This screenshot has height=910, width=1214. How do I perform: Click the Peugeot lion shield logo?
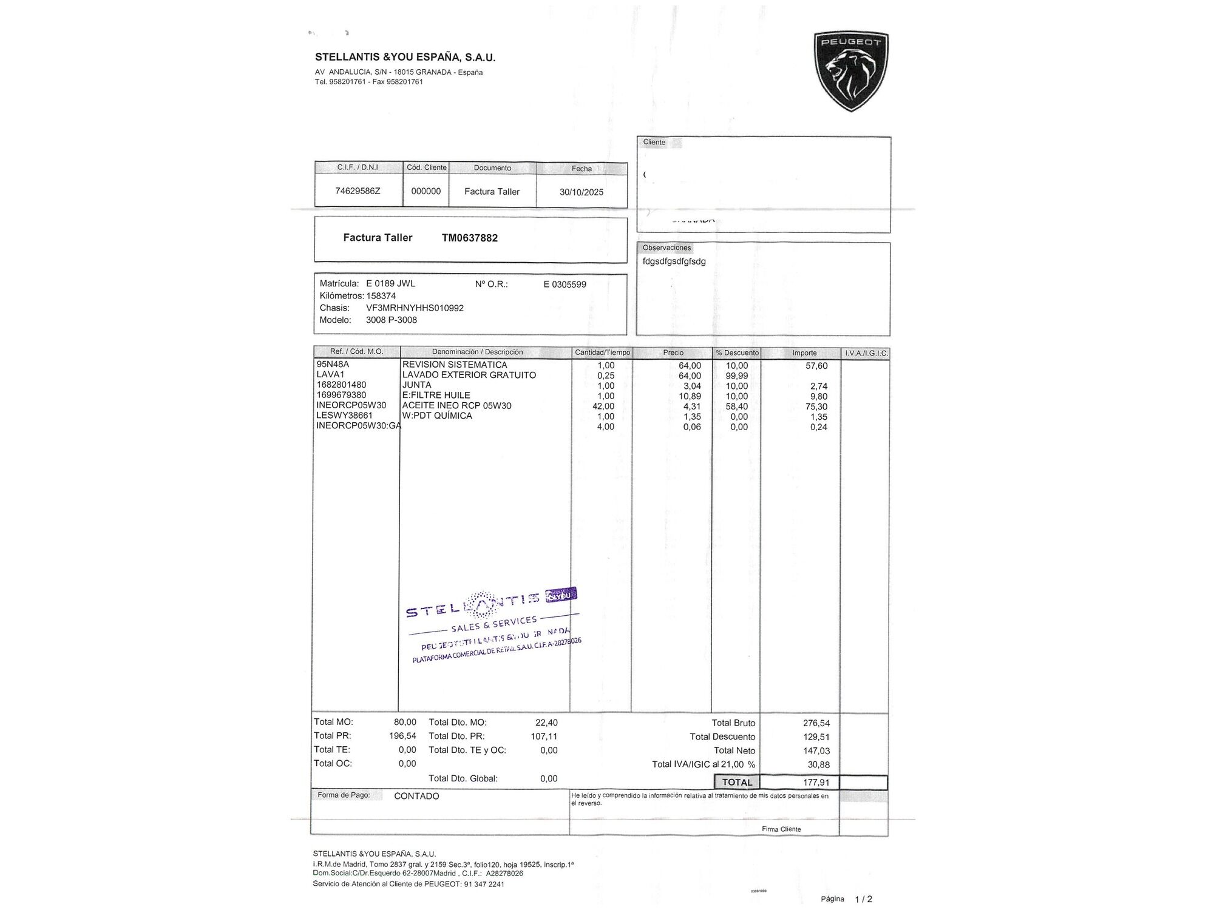pos(851,72)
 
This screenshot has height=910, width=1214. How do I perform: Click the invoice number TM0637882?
pos(469,238)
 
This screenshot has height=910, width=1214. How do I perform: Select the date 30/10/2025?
pos(581,192)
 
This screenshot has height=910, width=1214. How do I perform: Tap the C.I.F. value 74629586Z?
pos(358,190)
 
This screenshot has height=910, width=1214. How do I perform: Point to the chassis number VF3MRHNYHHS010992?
pos(415,308)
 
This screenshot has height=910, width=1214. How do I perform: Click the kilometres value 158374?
pos(381,296)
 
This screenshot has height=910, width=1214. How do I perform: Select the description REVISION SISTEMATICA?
pos(455,365)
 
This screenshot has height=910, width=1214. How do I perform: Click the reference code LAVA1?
pos(330,375)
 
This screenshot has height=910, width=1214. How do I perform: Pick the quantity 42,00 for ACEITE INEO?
pos(603,406)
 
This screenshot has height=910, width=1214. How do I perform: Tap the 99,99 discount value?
pos(736,376)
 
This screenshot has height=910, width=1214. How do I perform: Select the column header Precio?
pos(673,352)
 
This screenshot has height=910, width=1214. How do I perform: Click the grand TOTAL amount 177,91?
pos(816,783)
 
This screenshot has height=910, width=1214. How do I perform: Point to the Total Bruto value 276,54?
pos(816,723)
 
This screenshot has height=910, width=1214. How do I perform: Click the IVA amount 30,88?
pos(818,765)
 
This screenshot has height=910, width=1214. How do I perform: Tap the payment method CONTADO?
pos(416,796)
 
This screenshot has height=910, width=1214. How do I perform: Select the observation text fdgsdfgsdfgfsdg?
pos(674,261)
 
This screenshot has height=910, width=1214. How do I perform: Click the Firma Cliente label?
pos(781,829)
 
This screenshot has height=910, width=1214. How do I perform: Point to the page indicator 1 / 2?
pos(863,899)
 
